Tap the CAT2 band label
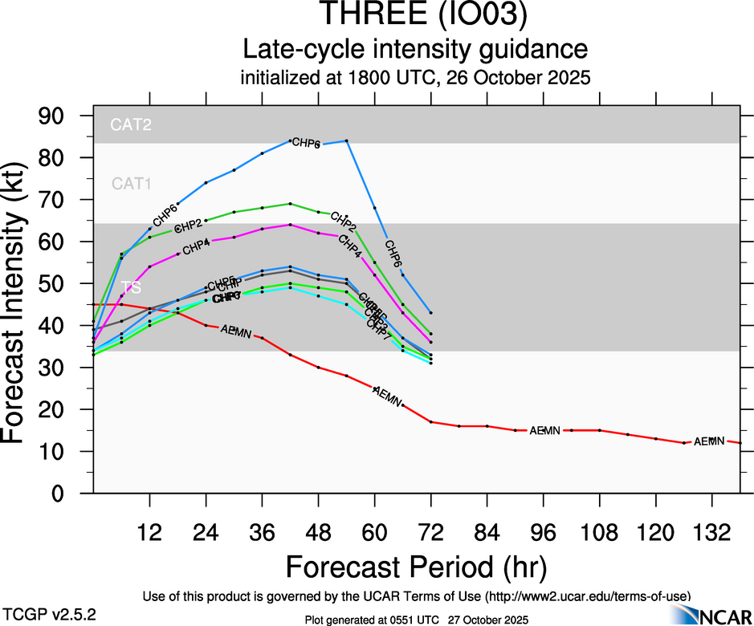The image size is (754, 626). click(x=132, y=124)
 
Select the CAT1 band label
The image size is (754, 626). click(x=132, y=184)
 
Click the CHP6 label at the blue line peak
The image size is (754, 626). click(x=306, y=143)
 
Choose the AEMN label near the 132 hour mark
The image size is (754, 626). click(x=709, y=441)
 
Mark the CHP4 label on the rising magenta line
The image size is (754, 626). click(x=196, y=247)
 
